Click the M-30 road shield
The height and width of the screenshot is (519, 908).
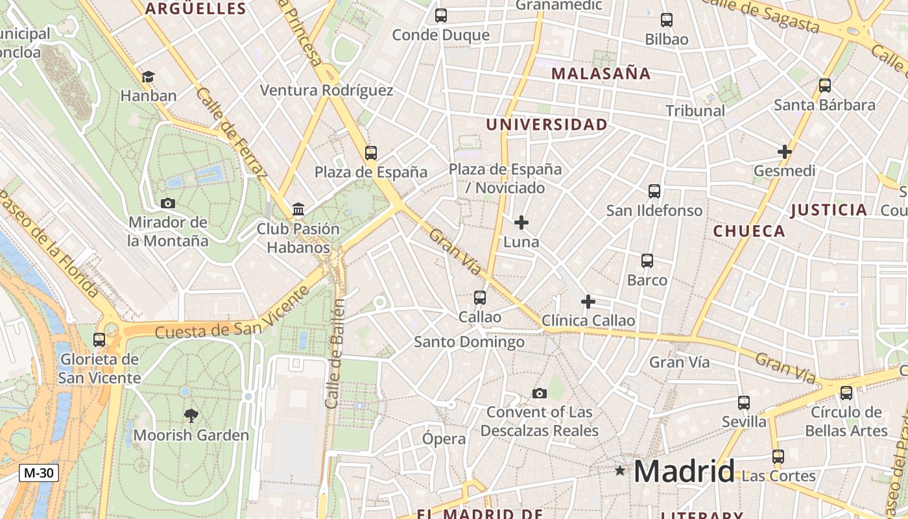point(38,473)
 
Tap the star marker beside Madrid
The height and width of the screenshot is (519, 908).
point(620,470)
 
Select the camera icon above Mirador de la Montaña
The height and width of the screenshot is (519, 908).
point(168,203)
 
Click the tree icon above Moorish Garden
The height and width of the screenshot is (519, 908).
point(191,415)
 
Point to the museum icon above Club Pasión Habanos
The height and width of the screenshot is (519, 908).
point(298,209)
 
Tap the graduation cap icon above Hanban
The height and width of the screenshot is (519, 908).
point(148,77)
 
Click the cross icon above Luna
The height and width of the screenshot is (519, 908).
point(521,223)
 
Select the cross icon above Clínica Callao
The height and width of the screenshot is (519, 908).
point(588,302)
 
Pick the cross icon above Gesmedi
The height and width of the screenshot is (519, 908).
point(785,152)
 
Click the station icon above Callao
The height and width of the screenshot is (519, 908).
point(480,298)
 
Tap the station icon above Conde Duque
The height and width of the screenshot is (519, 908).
point(441,16)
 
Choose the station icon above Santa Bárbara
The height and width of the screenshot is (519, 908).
point(825,85)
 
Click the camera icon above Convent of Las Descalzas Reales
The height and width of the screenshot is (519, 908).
point(539,393)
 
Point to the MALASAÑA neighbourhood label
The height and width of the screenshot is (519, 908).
point(601,73)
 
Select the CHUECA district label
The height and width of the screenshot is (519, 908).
point(749,231)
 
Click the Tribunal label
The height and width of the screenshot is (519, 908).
point(695,111)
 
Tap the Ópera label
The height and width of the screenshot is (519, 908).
point(444,439)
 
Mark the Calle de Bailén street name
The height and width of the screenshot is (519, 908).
point(336,354)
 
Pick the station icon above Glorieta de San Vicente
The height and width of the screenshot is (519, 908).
point(99,339)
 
